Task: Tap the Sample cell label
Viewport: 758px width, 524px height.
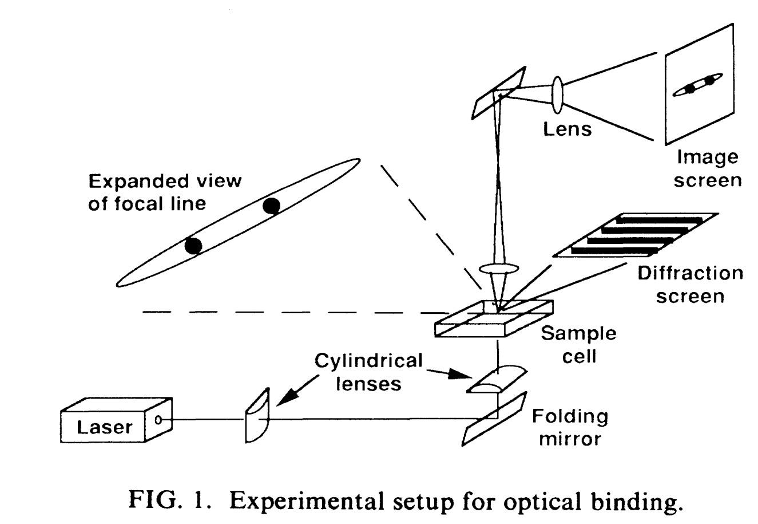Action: pyautogui.click(x=578, y=345)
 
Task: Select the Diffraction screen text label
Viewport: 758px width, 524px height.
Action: pyautogui.click(x=690, y=285)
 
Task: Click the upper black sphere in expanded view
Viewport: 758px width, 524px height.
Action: pyautogui.click(x=271, y=206)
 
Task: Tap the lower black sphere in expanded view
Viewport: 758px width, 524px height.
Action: pyautogui.click(x=193, y=246)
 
